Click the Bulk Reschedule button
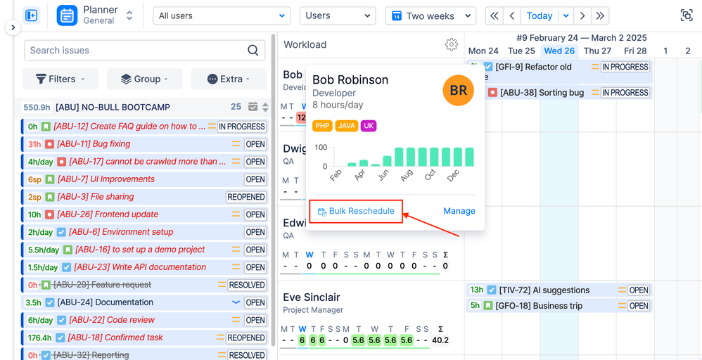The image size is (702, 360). coord(356,211)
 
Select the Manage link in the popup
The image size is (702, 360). coord(459,211)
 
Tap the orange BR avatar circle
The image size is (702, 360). coord(458,90)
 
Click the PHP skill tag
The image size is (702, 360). coord(322,126)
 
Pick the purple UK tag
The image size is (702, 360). coord(369,126)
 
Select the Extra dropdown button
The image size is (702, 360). coord(229,79)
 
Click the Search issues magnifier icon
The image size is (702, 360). coord(253,50)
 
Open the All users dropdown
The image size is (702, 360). coord(222,15)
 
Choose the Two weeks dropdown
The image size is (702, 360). coord(430,15)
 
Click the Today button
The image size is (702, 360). coord(540,15)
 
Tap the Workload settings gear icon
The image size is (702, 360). coord(452,44)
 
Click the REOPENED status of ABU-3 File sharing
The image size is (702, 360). coord(246,197)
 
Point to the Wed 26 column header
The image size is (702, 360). coord(559,51)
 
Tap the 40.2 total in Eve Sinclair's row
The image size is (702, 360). coord(440,340)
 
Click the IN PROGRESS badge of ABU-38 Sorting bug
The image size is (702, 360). coord(625,92)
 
